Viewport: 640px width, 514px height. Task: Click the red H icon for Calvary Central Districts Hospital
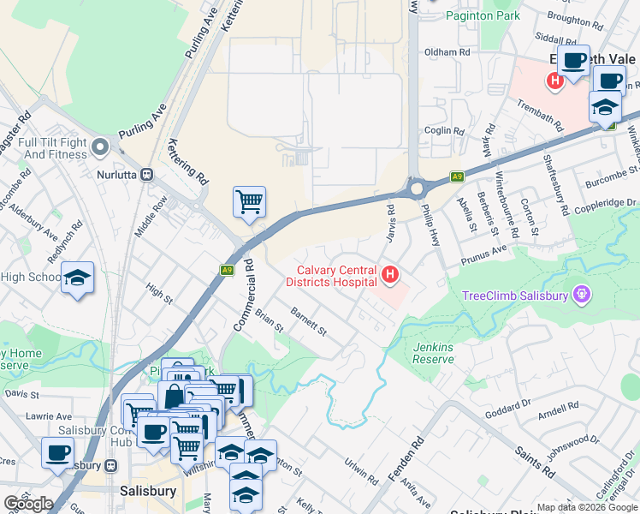click(391, 275)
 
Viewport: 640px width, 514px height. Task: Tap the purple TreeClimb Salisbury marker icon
click(583, 296)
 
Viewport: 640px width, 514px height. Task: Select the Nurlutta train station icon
click(147, 174)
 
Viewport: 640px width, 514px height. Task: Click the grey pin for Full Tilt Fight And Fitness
click(101, 146)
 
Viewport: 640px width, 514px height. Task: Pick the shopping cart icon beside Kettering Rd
click(249, 203)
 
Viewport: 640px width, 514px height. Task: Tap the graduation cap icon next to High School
click(78, 278)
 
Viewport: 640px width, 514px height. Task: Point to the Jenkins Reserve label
click(433, 353)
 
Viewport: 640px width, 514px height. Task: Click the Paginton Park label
click(482, 15)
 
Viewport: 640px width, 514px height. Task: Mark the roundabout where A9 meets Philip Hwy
click(417, 188)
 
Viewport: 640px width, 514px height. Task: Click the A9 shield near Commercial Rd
click(227, 269)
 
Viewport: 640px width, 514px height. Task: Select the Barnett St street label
click(309, 322)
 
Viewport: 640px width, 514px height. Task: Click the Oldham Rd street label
click(448, 52)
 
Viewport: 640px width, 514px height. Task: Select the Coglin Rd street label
click(443, 131)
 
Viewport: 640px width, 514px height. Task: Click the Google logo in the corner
click(28, 503)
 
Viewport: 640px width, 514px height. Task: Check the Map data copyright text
click(586, 507)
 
